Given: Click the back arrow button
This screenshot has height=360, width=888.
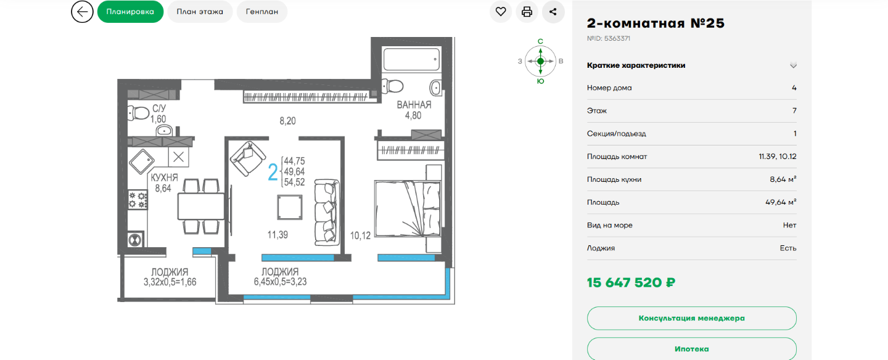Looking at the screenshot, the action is (x=82, y=12).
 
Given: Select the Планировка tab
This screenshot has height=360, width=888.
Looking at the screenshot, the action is (x=130, y=12).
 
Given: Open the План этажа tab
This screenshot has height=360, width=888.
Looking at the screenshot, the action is (x=200, y=12).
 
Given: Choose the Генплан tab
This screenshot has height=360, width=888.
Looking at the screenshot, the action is (x=262, y=12).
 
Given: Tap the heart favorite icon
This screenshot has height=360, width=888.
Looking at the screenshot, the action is (x=501, y=12).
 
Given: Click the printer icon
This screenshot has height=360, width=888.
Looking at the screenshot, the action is (x=527, y=12).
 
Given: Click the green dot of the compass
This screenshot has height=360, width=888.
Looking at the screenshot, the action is (x=540, y=61).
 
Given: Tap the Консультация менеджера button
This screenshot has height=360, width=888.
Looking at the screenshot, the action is (x=692, y=318).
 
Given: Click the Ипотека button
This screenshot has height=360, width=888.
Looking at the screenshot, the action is (x=692, y=349).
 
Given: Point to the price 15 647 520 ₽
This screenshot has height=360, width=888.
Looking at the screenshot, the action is (x=631, y=283).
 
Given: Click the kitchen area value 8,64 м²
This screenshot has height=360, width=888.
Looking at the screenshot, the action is (x=783, y=179).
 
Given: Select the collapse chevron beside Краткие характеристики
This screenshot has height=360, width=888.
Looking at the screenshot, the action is (x=793, y=65).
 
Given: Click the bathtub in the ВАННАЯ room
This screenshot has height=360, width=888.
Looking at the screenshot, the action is (x=411, y=59).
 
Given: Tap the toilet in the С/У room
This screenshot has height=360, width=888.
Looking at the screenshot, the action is (x=138, y=113).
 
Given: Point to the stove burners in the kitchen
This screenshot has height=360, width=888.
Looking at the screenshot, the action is (x=138, y=200).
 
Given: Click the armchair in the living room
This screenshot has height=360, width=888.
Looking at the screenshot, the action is (x=248, y=159).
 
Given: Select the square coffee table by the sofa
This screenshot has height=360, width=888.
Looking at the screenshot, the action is (x=289, y=207).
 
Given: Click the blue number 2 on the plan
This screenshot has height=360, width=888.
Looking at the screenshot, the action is (x=273, y=173).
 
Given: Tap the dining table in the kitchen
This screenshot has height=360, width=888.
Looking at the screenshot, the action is (x=201, y=206).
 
